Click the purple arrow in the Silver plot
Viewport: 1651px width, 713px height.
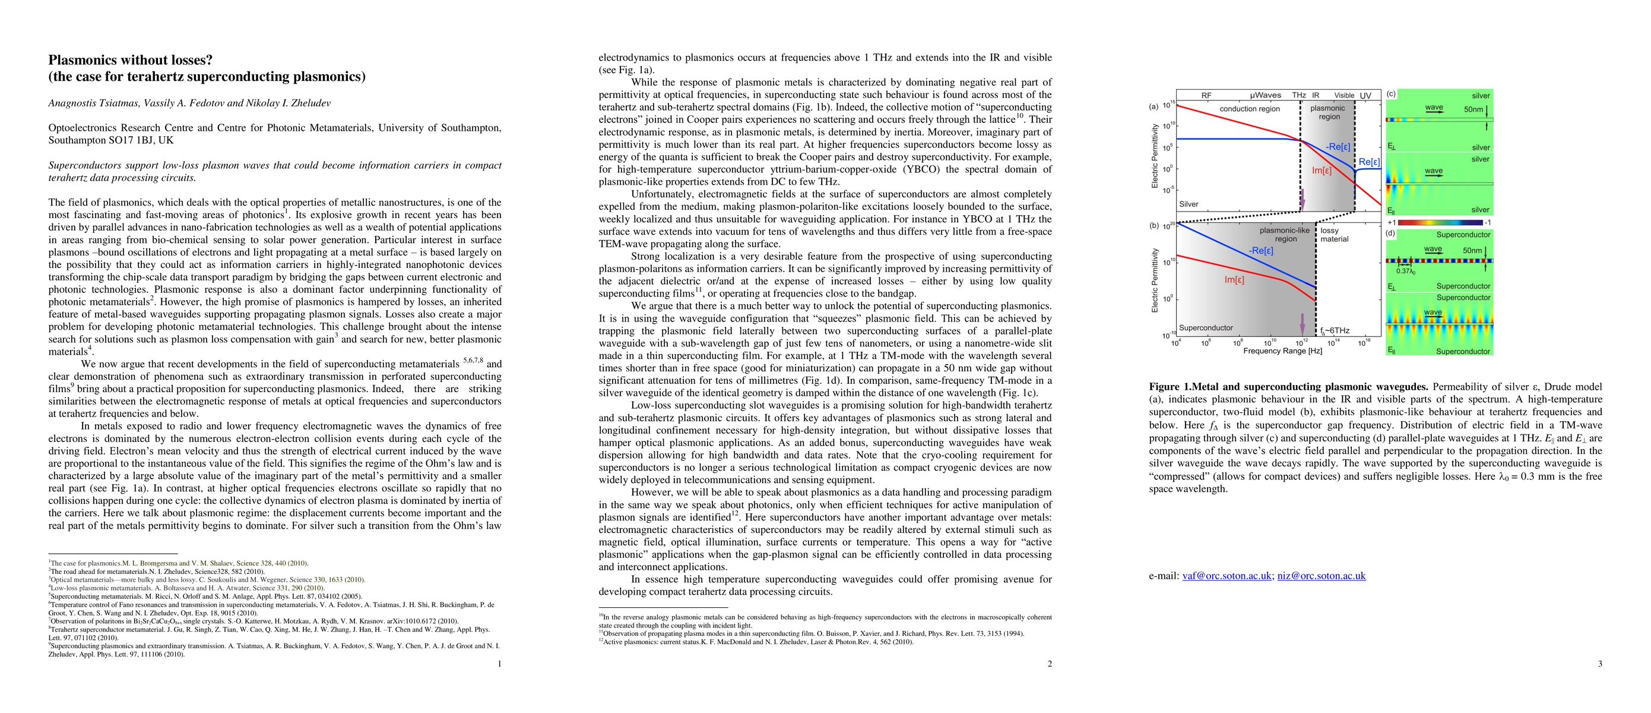(1302, 200)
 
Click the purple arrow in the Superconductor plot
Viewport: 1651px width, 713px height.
(1302, 324)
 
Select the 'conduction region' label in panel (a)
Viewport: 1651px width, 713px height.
(1249, 109)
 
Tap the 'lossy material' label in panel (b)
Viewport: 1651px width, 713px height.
(1334, 235)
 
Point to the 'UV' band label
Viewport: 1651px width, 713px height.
(1366, 96)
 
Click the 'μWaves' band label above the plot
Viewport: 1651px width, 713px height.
(1265, 96)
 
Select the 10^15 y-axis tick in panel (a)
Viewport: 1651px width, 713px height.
(1168, 105)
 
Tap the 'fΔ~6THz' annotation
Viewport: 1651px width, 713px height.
(1335, 331)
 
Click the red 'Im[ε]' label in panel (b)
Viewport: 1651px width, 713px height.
(1234, 280)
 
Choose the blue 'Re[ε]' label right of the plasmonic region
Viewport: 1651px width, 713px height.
(1368, 162)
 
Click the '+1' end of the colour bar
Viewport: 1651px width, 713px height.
(1392, 222)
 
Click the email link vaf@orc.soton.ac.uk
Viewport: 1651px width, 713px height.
(1226, 576)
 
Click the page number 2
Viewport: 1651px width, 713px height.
(1049, 664)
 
